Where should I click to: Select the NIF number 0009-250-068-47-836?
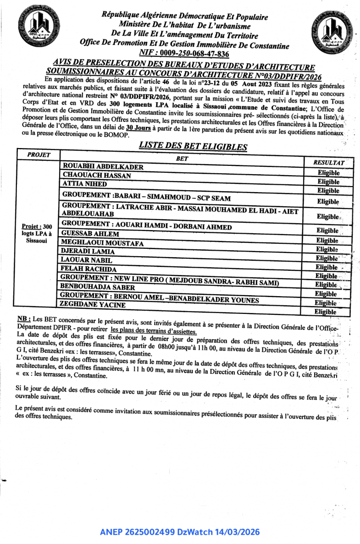(184, 54)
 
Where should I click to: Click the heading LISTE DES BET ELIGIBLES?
(193, 146)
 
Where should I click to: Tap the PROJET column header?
(38, 155)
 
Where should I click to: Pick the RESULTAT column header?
(329, 162)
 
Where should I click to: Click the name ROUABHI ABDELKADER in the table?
(103, 167)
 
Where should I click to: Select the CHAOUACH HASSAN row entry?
(97, 175)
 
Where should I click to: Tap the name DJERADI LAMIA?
(88, 251)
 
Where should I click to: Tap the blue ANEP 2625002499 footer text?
(180, 532)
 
